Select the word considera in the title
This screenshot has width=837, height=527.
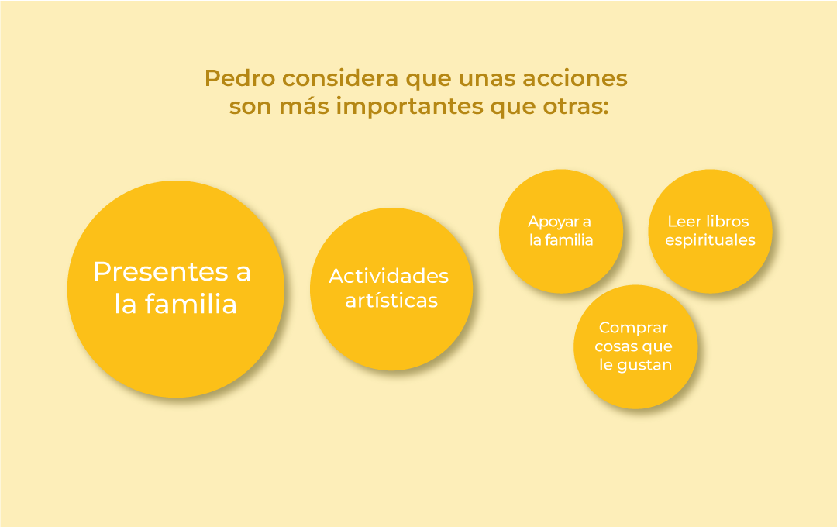pyautogui.click(x=340, y=78)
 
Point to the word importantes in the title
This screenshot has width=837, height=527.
pyautogui.click(x=409, y=106)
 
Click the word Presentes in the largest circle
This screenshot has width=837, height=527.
pyautogui.click(x=160, y=271)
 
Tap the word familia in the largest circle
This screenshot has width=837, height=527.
pyautogui.click(x=191, y=304)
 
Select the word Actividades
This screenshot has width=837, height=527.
pyautogui.click(x=388, y=276)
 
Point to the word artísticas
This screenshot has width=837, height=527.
pyautogui.click(x=391, y=300)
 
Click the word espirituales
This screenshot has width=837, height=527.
pyautogui.click(x=711, y=240)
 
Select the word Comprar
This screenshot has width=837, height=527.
pyautogui.click(x=634, y=328)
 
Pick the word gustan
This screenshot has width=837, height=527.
pyautogui.click(x=643, y=365)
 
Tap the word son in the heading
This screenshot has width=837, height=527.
pyautogui.click(x=250, y=106)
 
